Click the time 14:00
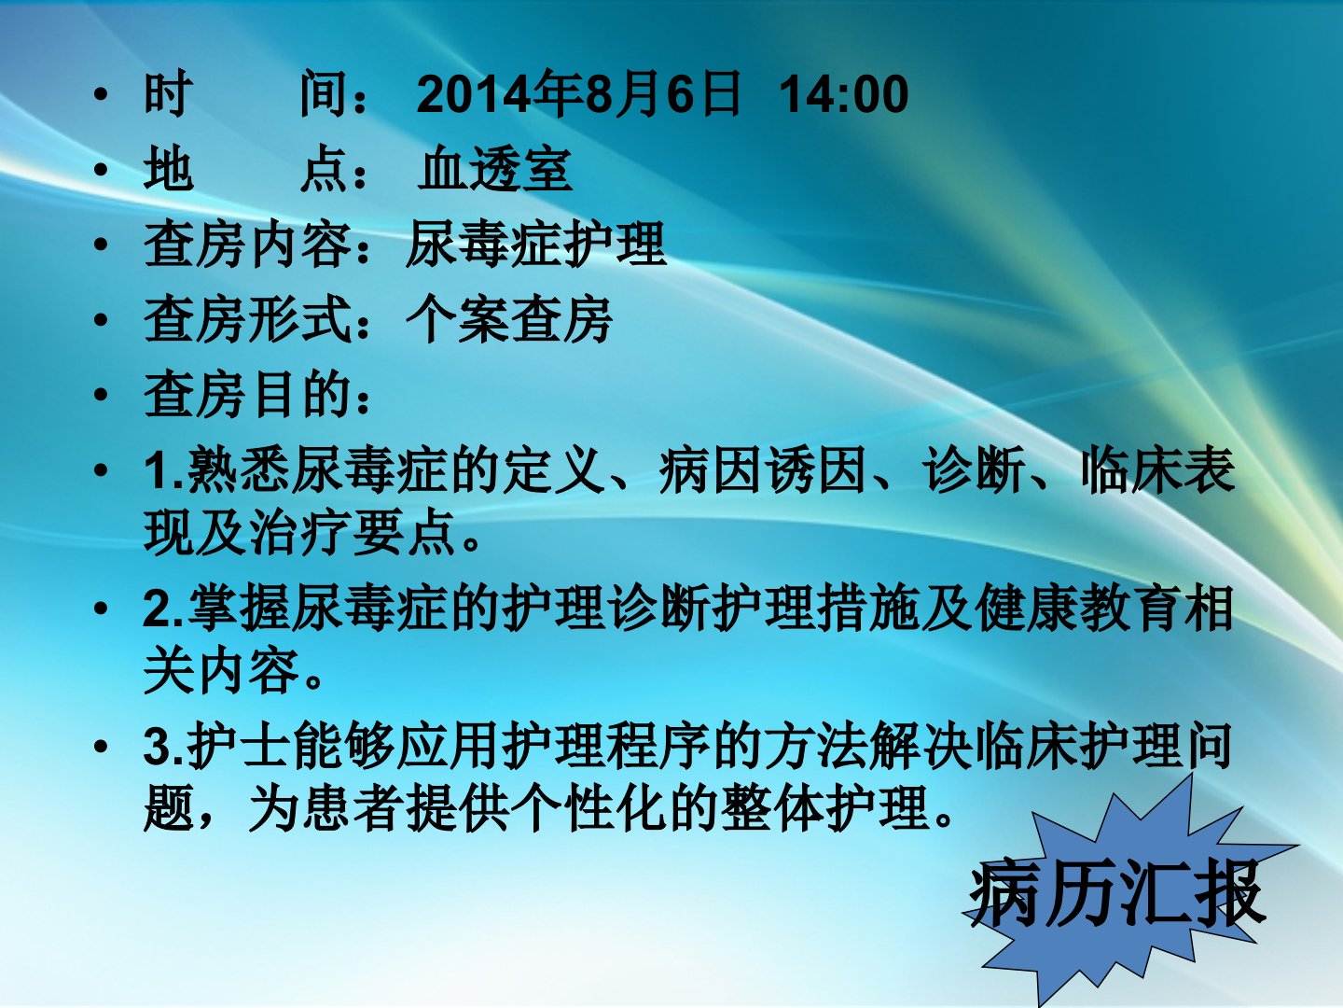click(844, 94)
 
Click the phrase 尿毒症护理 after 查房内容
click(535, 245)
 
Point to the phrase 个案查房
click(509, 319)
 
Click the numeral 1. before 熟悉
click(163, 470)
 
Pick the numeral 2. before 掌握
click(163, 608)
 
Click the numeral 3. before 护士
click(163, 746)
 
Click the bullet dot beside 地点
click(101, 169)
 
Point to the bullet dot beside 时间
click(101, 93)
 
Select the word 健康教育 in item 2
click(1079, 608)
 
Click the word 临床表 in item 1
click(1158, 470)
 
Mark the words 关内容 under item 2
click(221, 670)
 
